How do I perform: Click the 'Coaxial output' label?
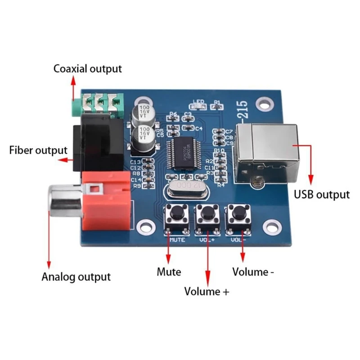[x=87, y=69]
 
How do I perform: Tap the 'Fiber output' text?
[x=38, y=150]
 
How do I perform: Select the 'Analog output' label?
[x=76, y=276]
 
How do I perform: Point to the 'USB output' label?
[x=321, y=194]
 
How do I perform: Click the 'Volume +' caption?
[x=207, y=291]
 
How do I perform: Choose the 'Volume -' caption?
[x=253, y=272]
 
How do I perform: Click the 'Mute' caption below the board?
[x=169, y=272]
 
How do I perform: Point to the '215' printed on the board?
[x=243, y=111]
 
